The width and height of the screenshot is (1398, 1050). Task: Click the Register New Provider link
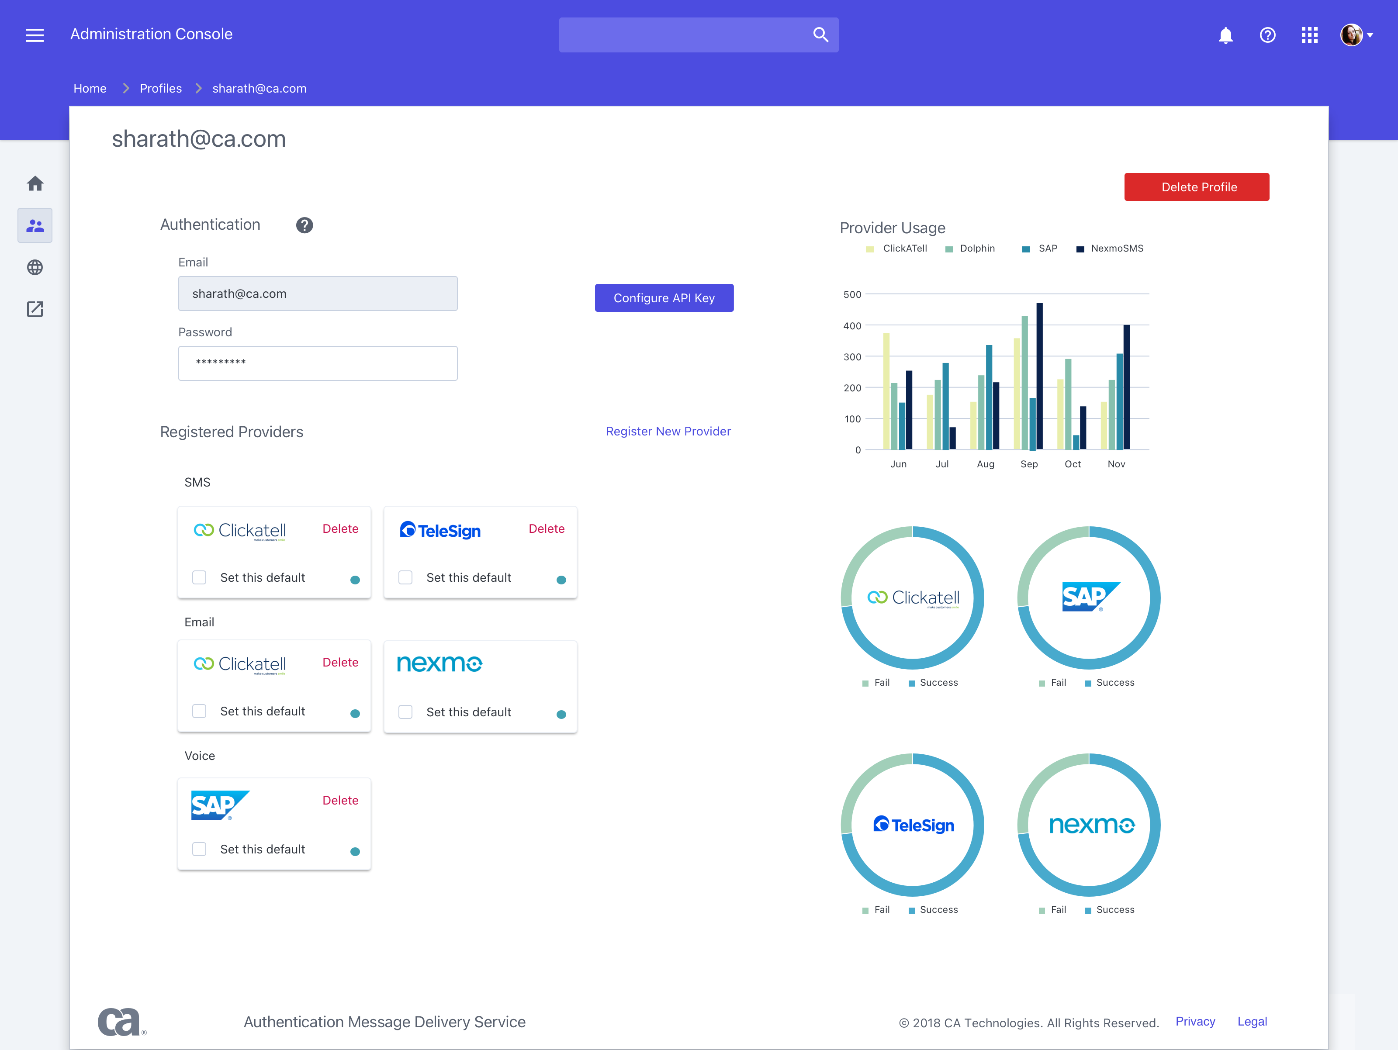tap(668, 432)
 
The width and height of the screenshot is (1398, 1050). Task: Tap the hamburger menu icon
tap(35, 35)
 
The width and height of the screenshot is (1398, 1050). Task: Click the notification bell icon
tap(1225, 35)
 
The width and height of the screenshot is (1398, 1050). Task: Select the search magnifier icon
tap(820, 35)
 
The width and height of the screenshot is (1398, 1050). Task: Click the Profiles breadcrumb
tap(160, 89)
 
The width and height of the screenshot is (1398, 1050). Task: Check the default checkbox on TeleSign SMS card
tap(405, 577)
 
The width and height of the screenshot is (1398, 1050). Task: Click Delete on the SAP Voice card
tap(340, 801)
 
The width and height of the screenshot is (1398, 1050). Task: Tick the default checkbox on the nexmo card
tap(405, 712)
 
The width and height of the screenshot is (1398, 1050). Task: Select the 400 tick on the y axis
tap(852, 326)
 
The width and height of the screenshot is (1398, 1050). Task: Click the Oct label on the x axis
tap(1073, 464)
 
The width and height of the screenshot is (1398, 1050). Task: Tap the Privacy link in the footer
tap(1194, 1022)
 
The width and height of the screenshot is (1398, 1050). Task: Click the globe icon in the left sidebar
tap(35, 267)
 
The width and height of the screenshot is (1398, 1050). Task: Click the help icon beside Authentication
tap(305, 225)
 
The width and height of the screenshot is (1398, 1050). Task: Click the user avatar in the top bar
tap(1351, 35)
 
